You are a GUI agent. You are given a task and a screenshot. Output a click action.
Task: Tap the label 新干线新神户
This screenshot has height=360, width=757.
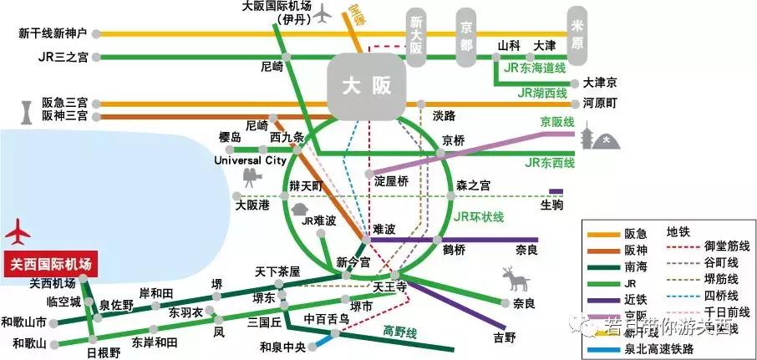(52, 33)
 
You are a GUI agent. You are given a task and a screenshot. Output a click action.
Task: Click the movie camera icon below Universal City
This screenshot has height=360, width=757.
(250, 177)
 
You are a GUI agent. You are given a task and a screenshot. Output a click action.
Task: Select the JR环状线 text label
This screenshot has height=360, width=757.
(479, 217)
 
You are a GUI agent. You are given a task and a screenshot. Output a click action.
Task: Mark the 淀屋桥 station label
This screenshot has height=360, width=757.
(391, 180)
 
